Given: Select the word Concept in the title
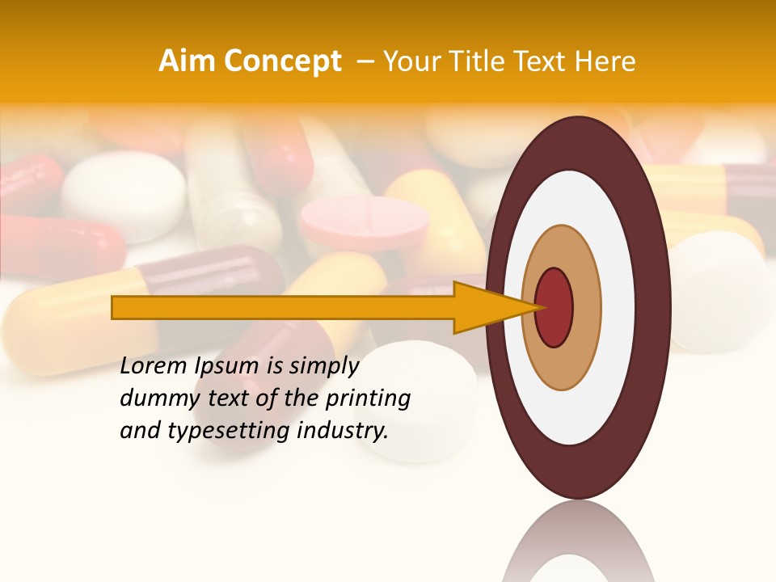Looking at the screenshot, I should (x=282, y=61).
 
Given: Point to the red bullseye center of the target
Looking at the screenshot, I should (x=555, y=307).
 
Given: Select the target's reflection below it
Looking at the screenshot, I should (x=579, y=542).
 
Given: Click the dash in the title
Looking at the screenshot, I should (x=365, y=61).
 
